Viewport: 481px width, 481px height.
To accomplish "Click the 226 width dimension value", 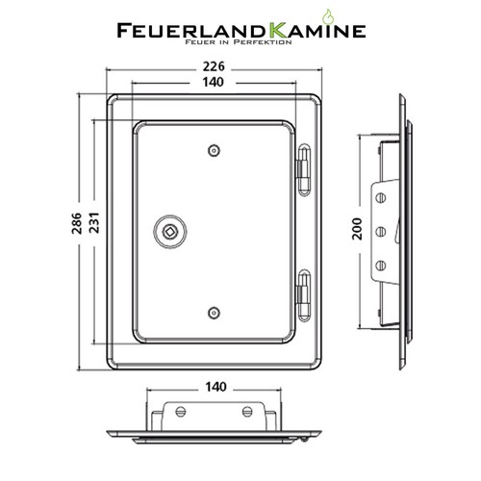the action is pyautogui.click(x=214, y=66).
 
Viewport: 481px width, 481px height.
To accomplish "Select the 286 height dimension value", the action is pyautogui.click(x=77, y=223).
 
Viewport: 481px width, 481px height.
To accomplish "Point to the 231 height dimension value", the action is pyautogui.click(x=94, y=223).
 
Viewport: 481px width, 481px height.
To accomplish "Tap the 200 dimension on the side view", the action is pyautogui.click(x=357, y=229).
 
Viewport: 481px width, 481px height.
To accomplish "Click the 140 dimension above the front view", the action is pyautogui.click(x=214, y=83).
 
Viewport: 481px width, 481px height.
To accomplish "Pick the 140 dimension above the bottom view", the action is pyautogui.click(x=215, y=387).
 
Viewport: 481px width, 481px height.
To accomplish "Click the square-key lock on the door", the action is pyautogui.click(x=170, y=232).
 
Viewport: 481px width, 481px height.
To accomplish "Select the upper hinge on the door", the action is pyautogui.click(x=304, y=169).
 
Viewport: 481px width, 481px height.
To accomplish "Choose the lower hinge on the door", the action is pyautogui.click(x=304, y=295).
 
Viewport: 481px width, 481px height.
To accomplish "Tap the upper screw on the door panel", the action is pyautogui.click(x=214, y=150).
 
